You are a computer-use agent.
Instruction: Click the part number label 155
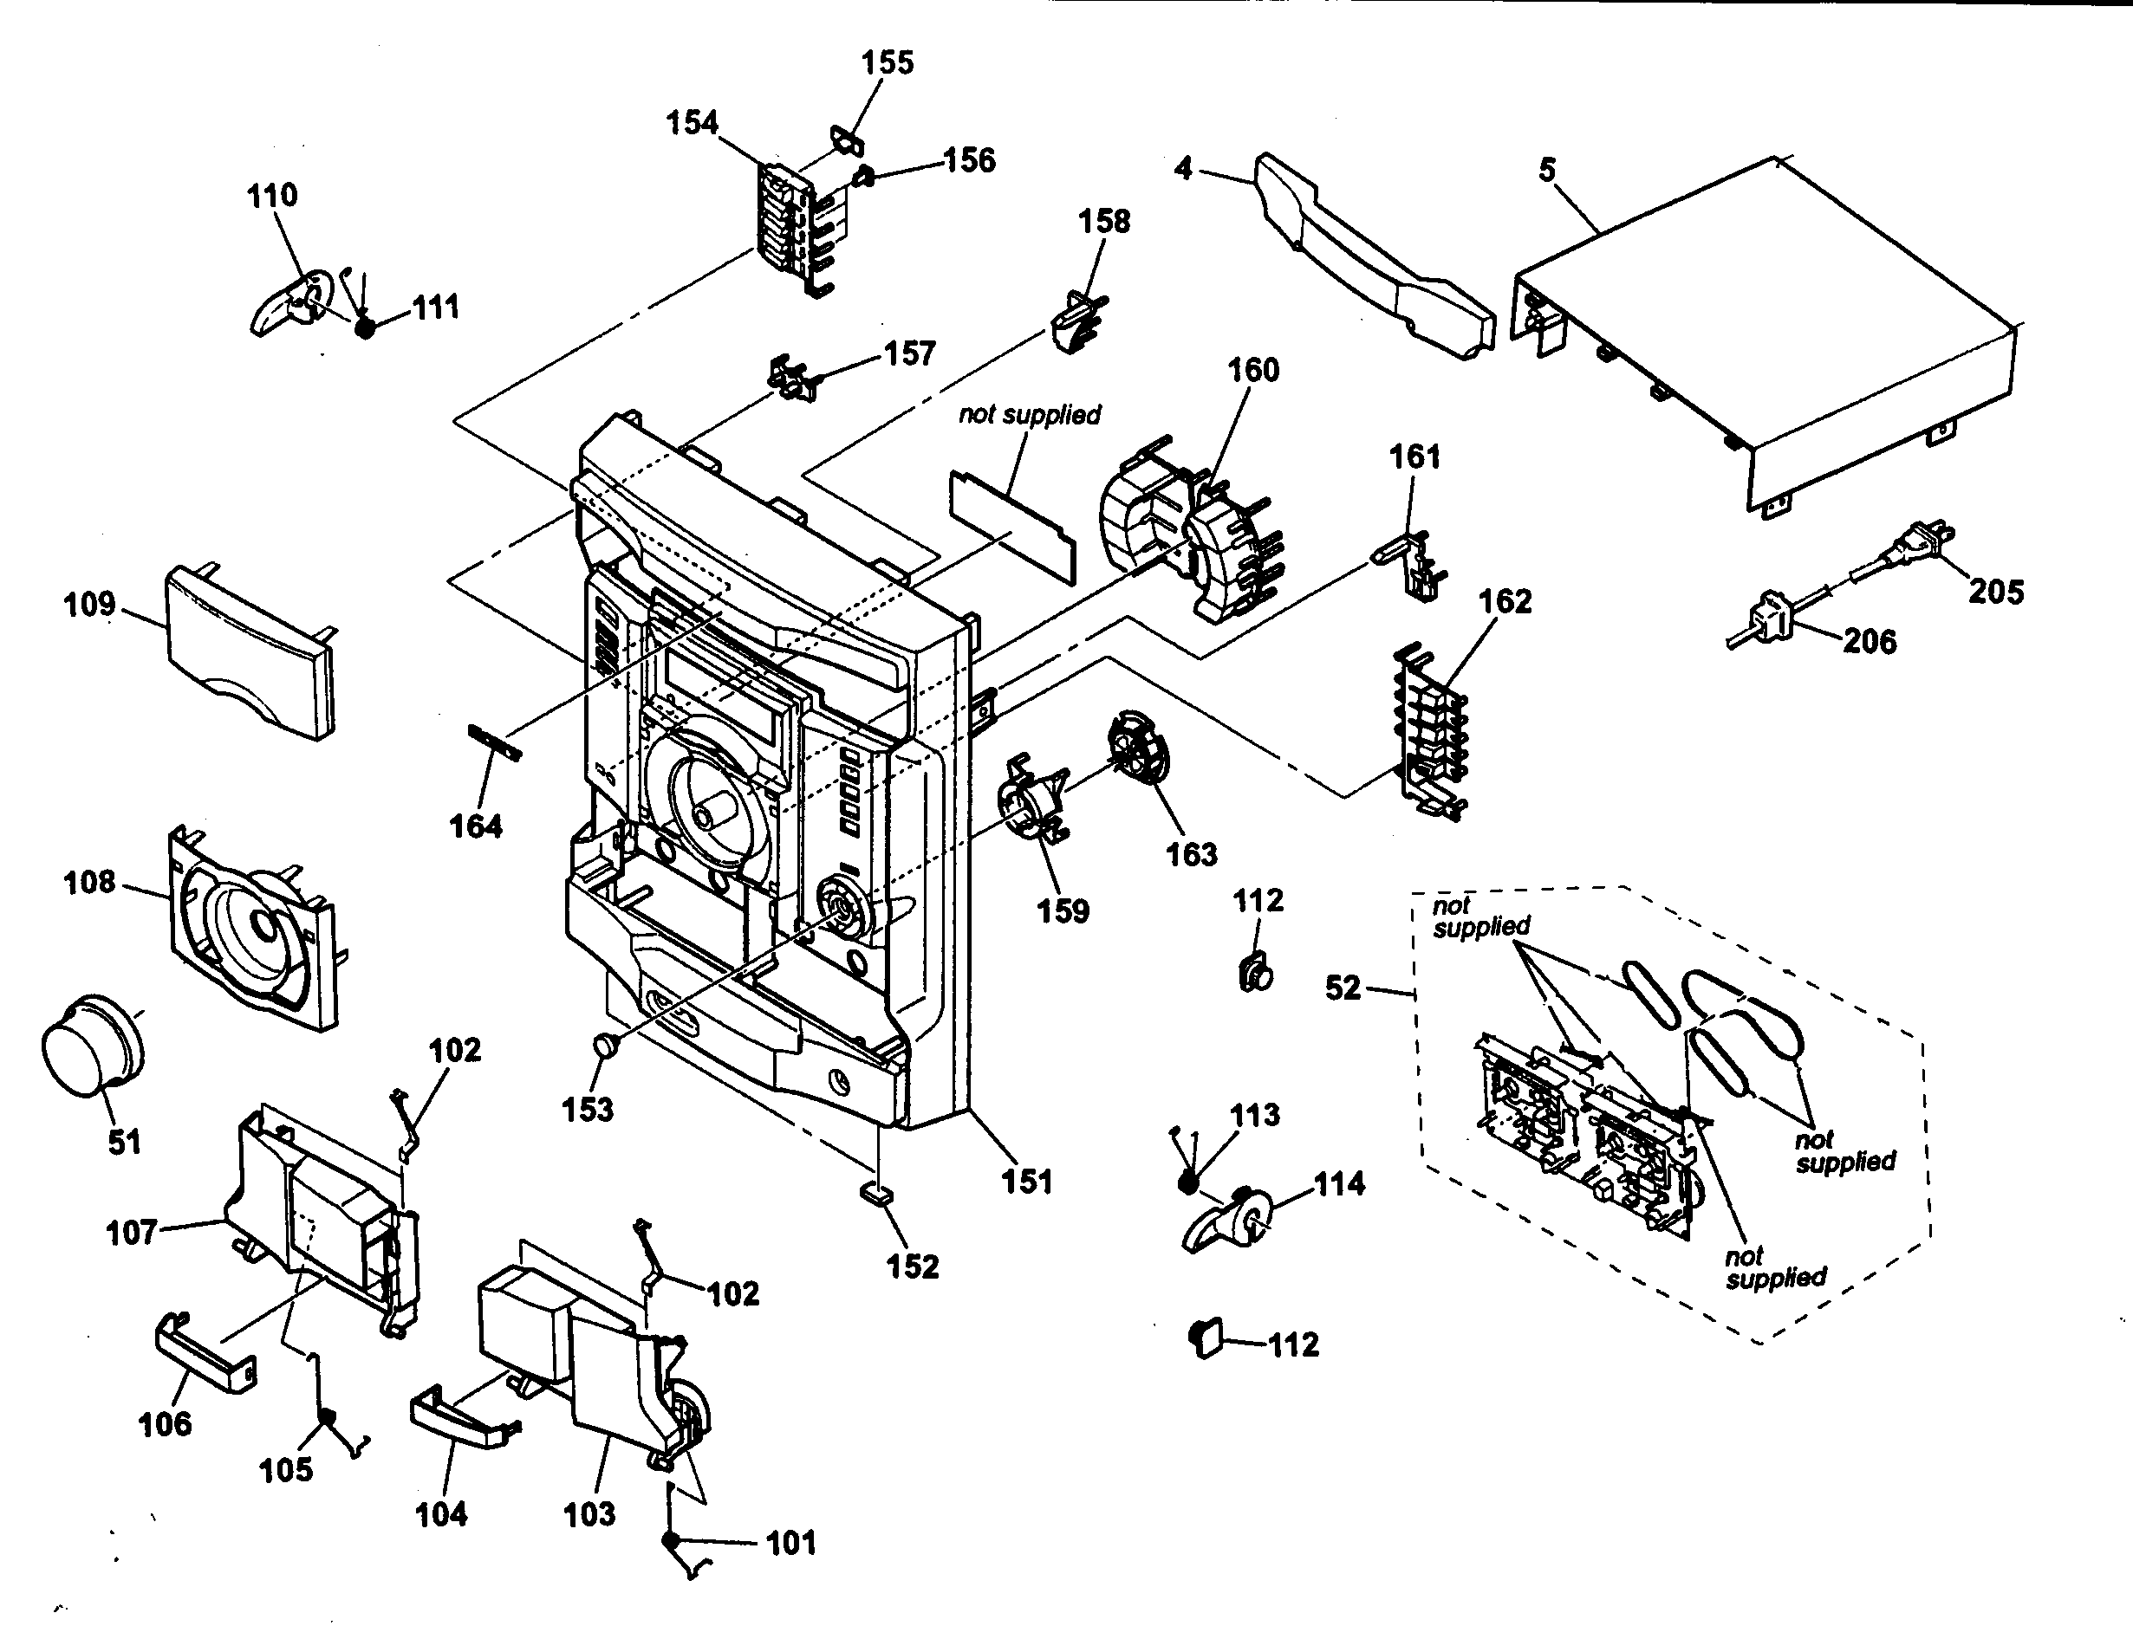coord(887,63)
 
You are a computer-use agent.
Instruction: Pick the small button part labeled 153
coord(604,1046)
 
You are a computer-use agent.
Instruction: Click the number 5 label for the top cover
coord(1547,171)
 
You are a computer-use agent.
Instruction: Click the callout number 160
coord(1253,370)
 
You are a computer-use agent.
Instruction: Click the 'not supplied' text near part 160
coord(1029,414)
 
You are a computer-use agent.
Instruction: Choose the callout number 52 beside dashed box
coord(1342,988)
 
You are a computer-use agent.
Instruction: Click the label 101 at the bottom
coord(791,1542)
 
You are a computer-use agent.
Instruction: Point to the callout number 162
coord(1504,601)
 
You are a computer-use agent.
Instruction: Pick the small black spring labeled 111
coord(365,327)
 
